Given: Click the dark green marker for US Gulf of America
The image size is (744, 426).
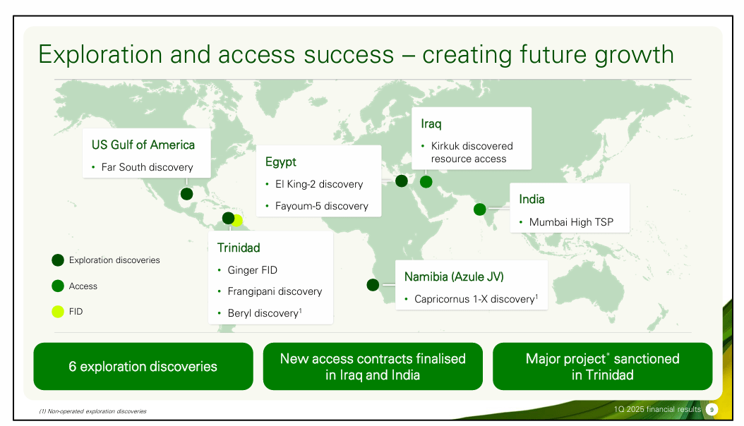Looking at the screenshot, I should click(186, 194).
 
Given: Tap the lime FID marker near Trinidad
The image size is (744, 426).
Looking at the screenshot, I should click(238, 221).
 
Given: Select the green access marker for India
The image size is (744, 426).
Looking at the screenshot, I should click(480, 209).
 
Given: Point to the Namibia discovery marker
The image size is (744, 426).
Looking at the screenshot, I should click(373, 285).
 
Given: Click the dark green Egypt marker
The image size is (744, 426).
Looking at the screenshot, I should click(402, 181).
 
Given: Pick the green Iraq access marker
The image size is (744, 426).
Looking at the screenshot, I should click(426, 181).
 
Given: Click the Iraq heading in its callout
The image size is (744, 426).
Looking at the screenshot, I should click(431, 124).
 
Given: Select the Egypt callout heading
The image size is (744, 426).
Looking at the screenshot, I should click(281, 162).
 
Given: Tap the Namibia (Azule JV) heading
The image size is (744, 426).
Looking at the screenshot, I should click(454, 276).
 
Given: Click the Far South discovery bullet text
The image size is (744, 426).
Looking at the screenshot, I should click(147, 167).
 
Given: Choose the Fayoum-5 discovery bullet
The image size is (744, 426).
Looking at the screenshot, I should click(322, 206).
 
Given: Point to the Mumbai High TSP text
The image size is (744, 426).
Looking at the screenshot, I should click(571, 222).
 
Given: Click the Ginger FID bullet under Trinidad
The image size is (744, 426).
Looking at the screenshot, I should click(253, 270).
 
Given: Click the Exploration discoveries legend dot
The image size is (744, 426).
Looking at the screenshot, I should click(58, 260).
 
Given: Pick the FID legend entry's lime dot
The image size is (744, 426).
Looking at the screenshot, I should click(58, 311).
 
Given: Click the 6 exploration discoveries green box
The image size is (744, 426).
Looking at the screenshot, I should click(143, 367).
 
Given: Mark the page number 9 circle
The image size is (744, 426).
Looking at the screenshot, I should click(712, 410).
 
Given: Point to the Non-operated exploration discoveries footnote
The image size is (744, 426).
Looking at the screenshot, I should click(92, 411).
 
